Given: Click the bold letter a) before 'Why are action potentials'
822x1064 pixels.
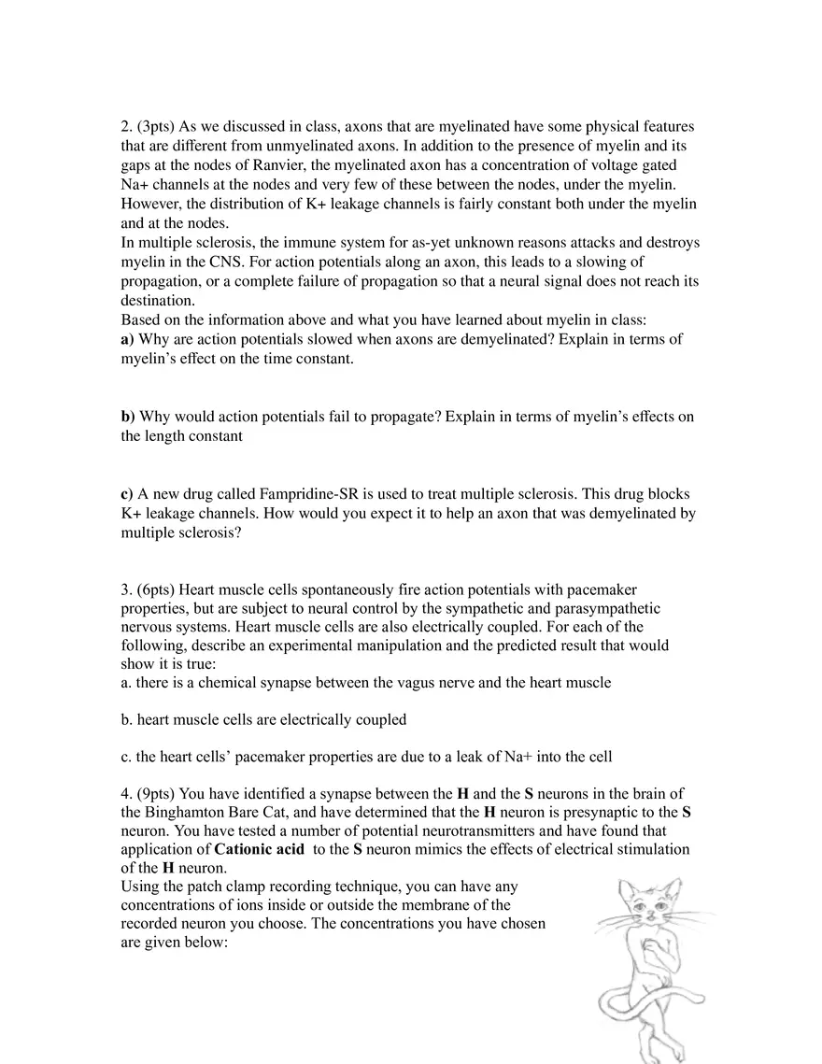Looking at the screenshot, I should [128, 339].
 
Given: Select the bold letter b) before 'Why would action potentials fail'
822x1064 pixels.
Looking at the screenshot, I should [128, 417].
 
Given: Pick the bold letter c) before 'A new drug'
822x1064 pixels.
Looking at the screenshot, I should [127, 493].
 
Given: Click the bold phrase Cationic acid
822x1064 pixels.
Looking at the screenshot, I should [259, 849].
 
